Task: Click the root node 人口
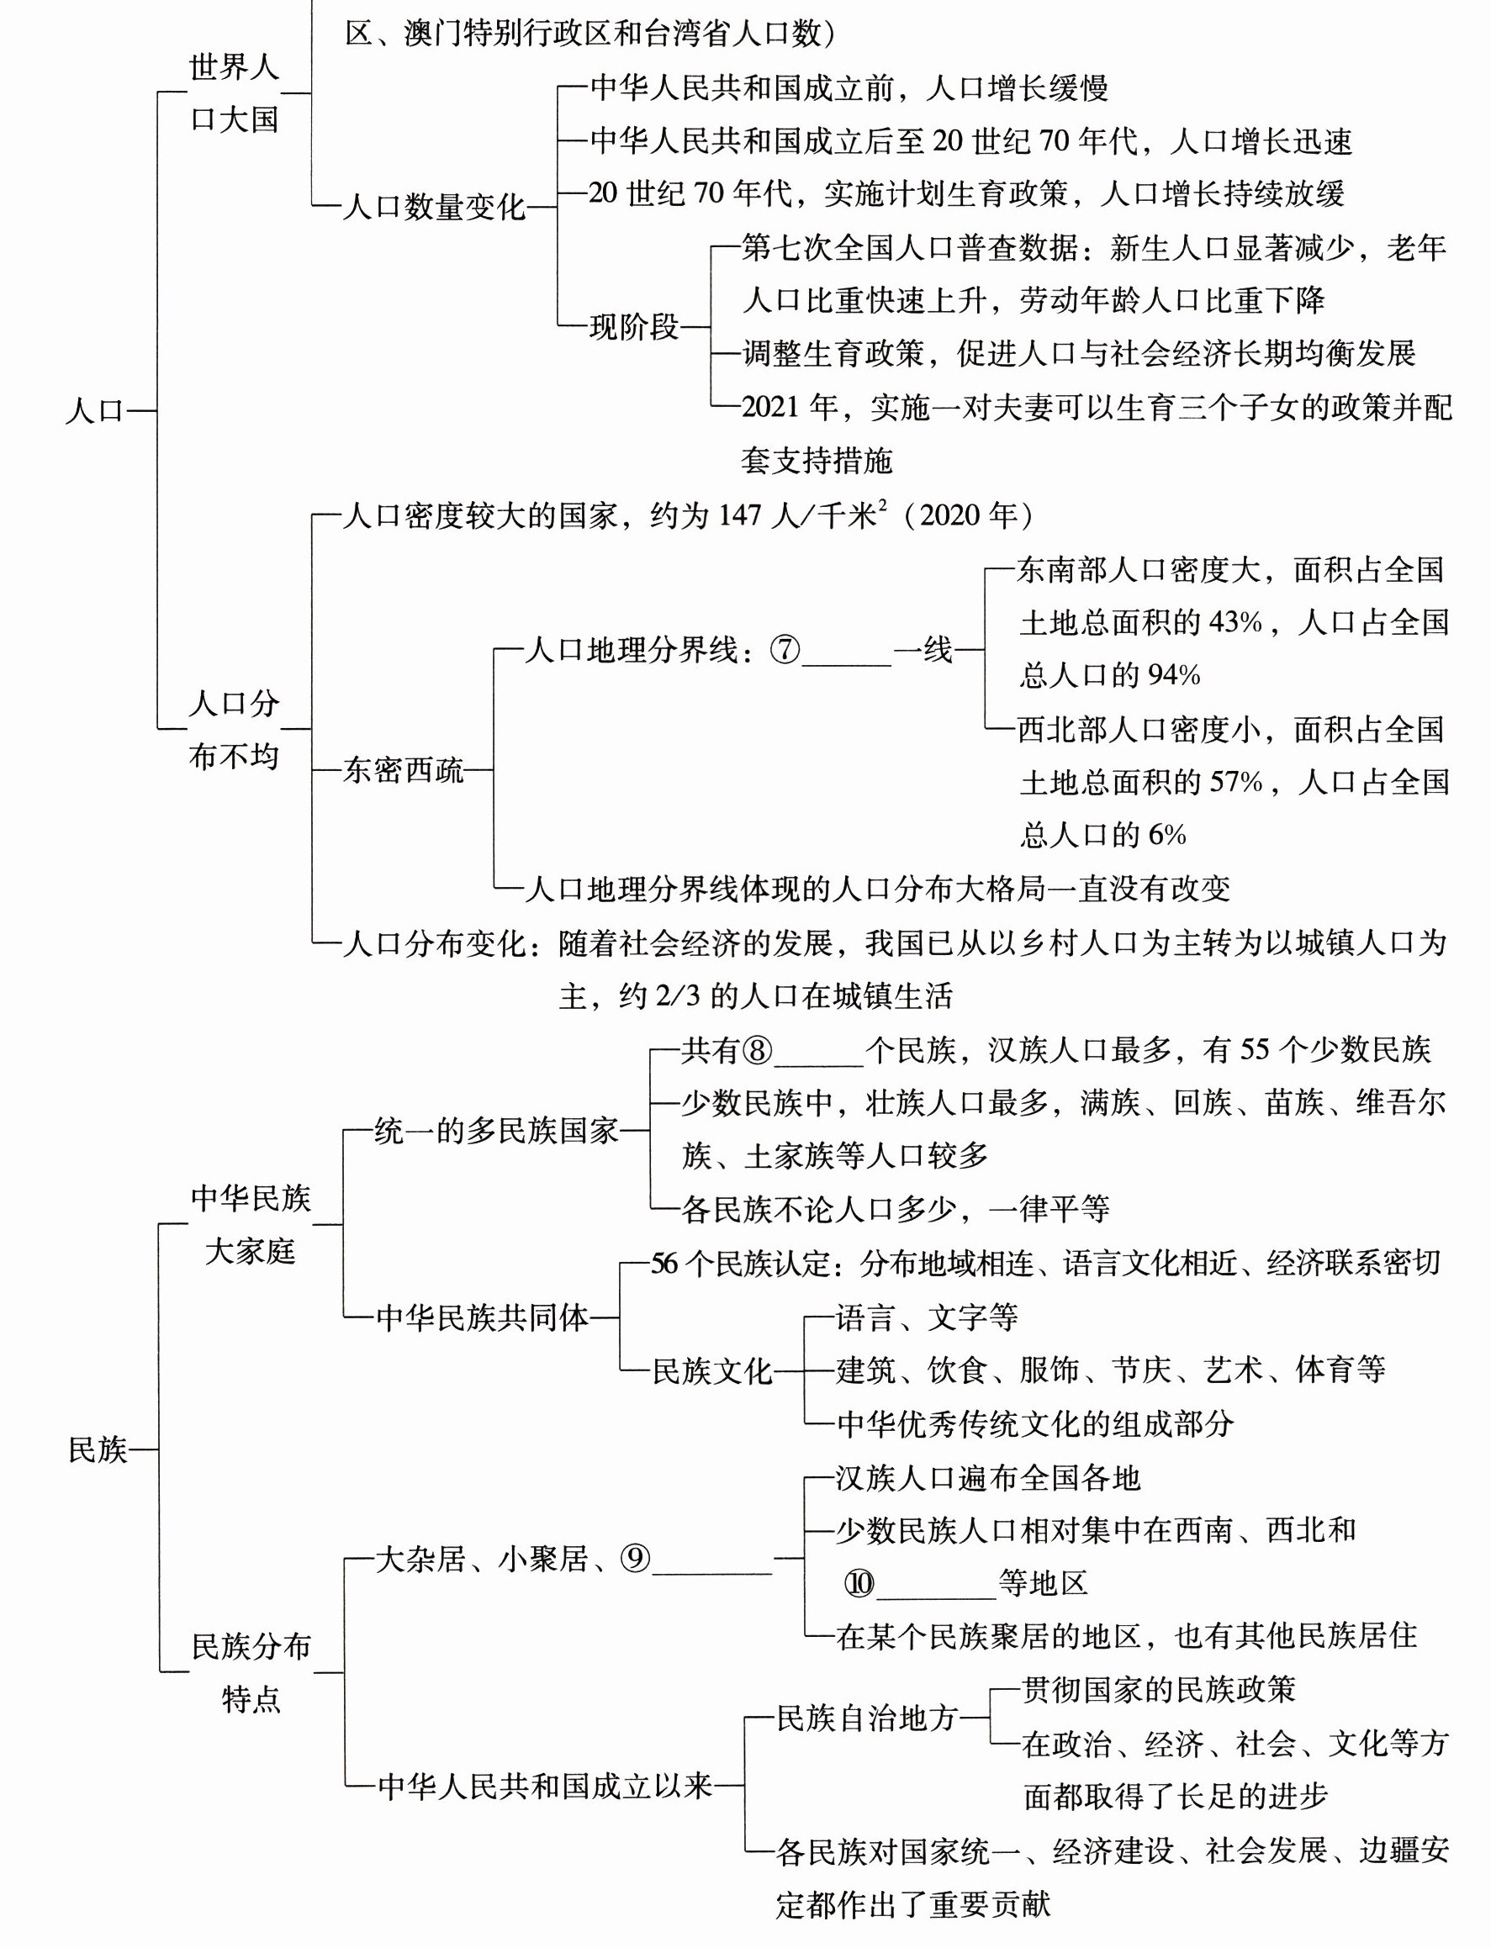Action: (x=94, y=412)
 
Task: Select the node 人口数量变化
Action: (x=434, y=208)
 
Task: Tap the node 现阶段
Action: (x=634, y=327)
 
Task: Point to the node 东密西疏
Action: (x=403, y=770)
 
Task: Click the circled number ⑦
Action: (x=785, y=650)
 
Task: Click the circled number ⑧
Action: (x=757, y=1051)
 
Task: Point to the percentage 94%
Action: (x=1173, y=675)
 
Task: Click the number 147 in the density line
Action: (x=739, y=515)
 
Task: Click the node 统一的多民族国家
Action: (x=496, y=1131)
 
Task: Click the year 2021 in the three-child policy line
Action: (x=770, y=407)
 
